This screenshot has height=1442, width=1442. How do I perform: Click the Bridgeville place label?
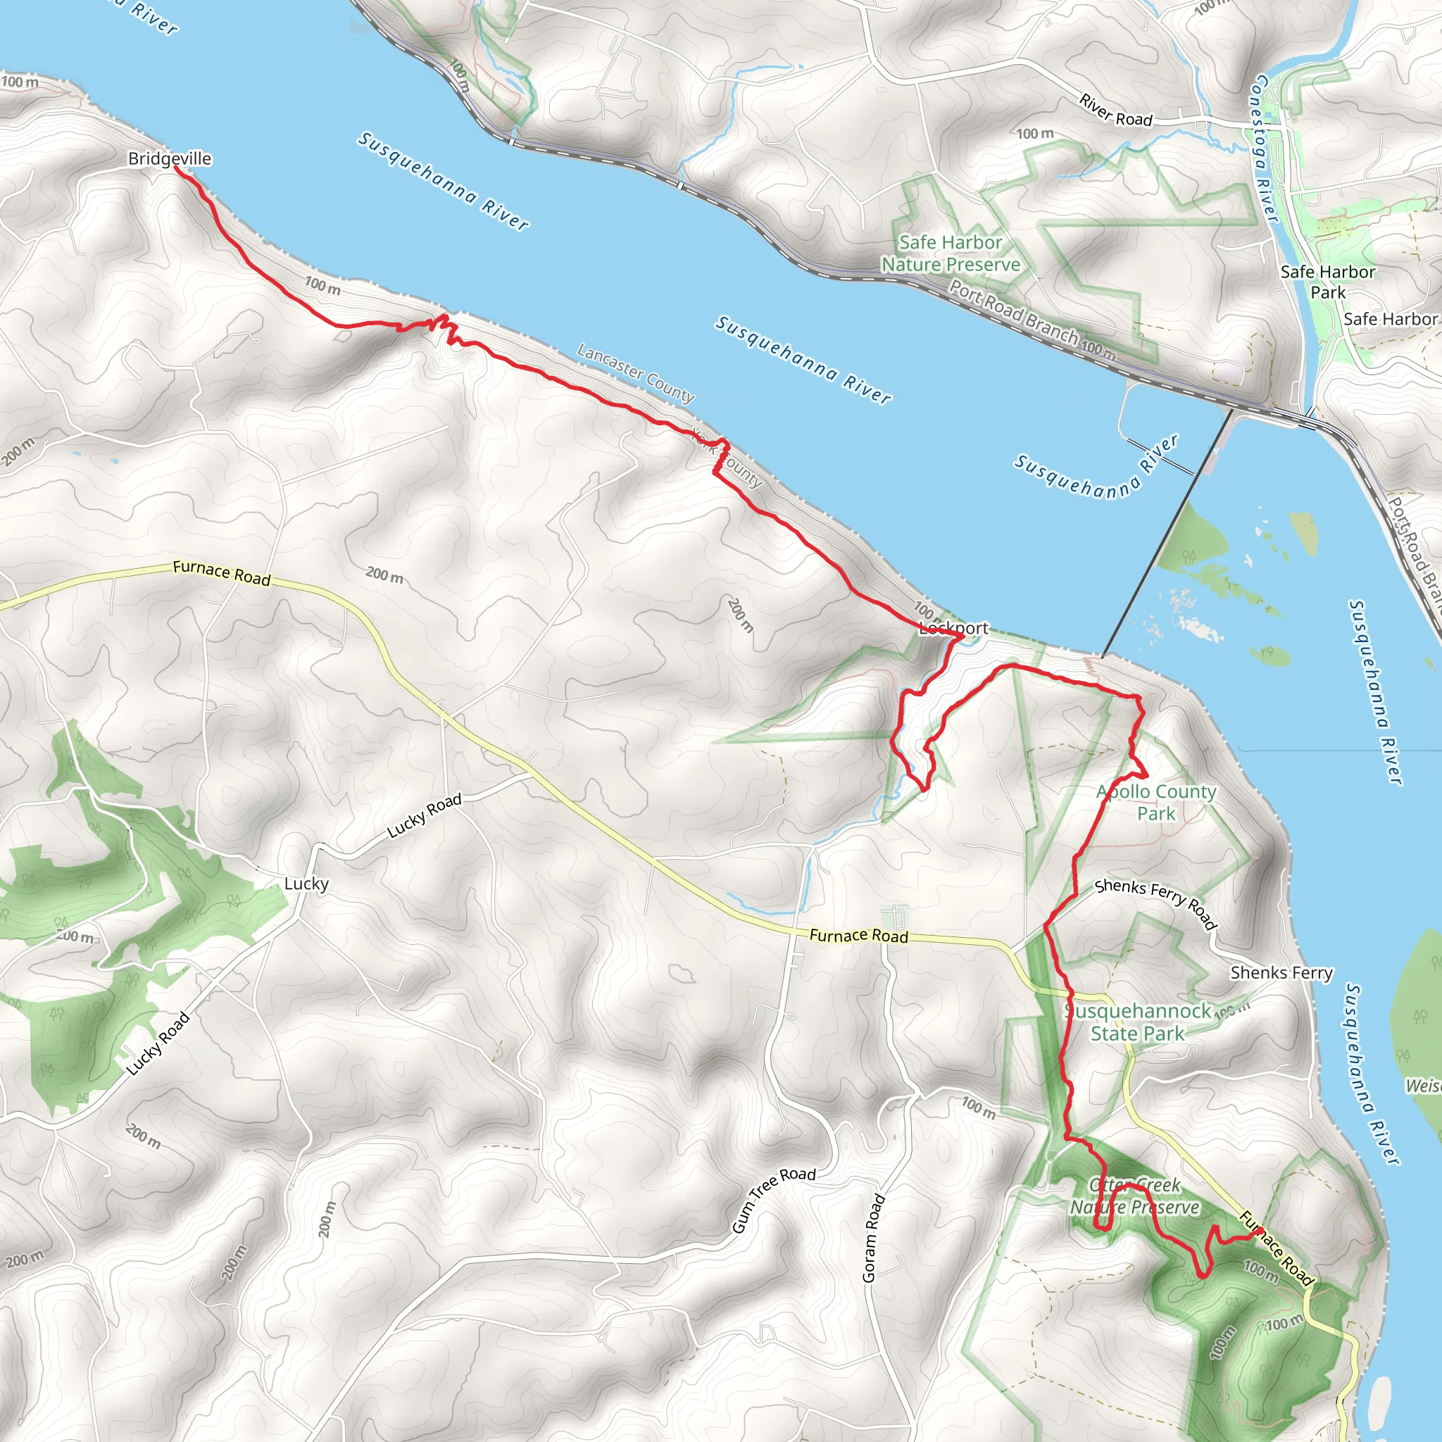point(170,158)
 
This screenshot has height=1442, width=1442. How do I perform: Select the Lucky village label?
point(306,884)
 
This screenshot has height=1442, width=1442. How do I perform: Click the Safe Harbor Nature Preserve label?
point(950,253)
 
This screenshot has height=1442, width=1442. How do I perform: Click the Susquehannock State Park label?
point(1138,1022)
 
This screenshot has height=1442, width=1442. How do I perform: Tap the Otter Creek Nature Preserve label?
point(1134,1196)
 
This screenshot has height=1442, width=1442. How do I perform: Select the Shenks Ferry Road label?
point(1155,903)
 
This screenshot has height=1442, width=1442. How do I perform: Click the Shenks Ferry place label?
point(1281,972)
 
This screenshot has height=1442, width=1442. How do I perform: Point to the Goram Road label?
point(872,1239)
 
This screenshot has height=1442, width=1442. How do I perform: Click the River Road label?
point(1115,111)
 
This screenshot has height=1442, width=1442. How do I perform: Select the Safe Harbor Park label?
point(1327,282)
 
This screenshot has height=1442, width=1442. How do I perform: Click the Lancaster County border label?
point(635,372)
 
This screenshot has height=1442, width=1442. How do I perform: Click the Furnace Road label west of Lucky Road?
point(221,572)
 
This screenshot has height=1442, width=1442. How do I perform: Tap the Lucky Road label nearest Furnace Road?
point(424,815)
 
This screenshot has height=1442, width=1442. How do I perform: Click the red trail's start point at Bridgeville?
point(175,168)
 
